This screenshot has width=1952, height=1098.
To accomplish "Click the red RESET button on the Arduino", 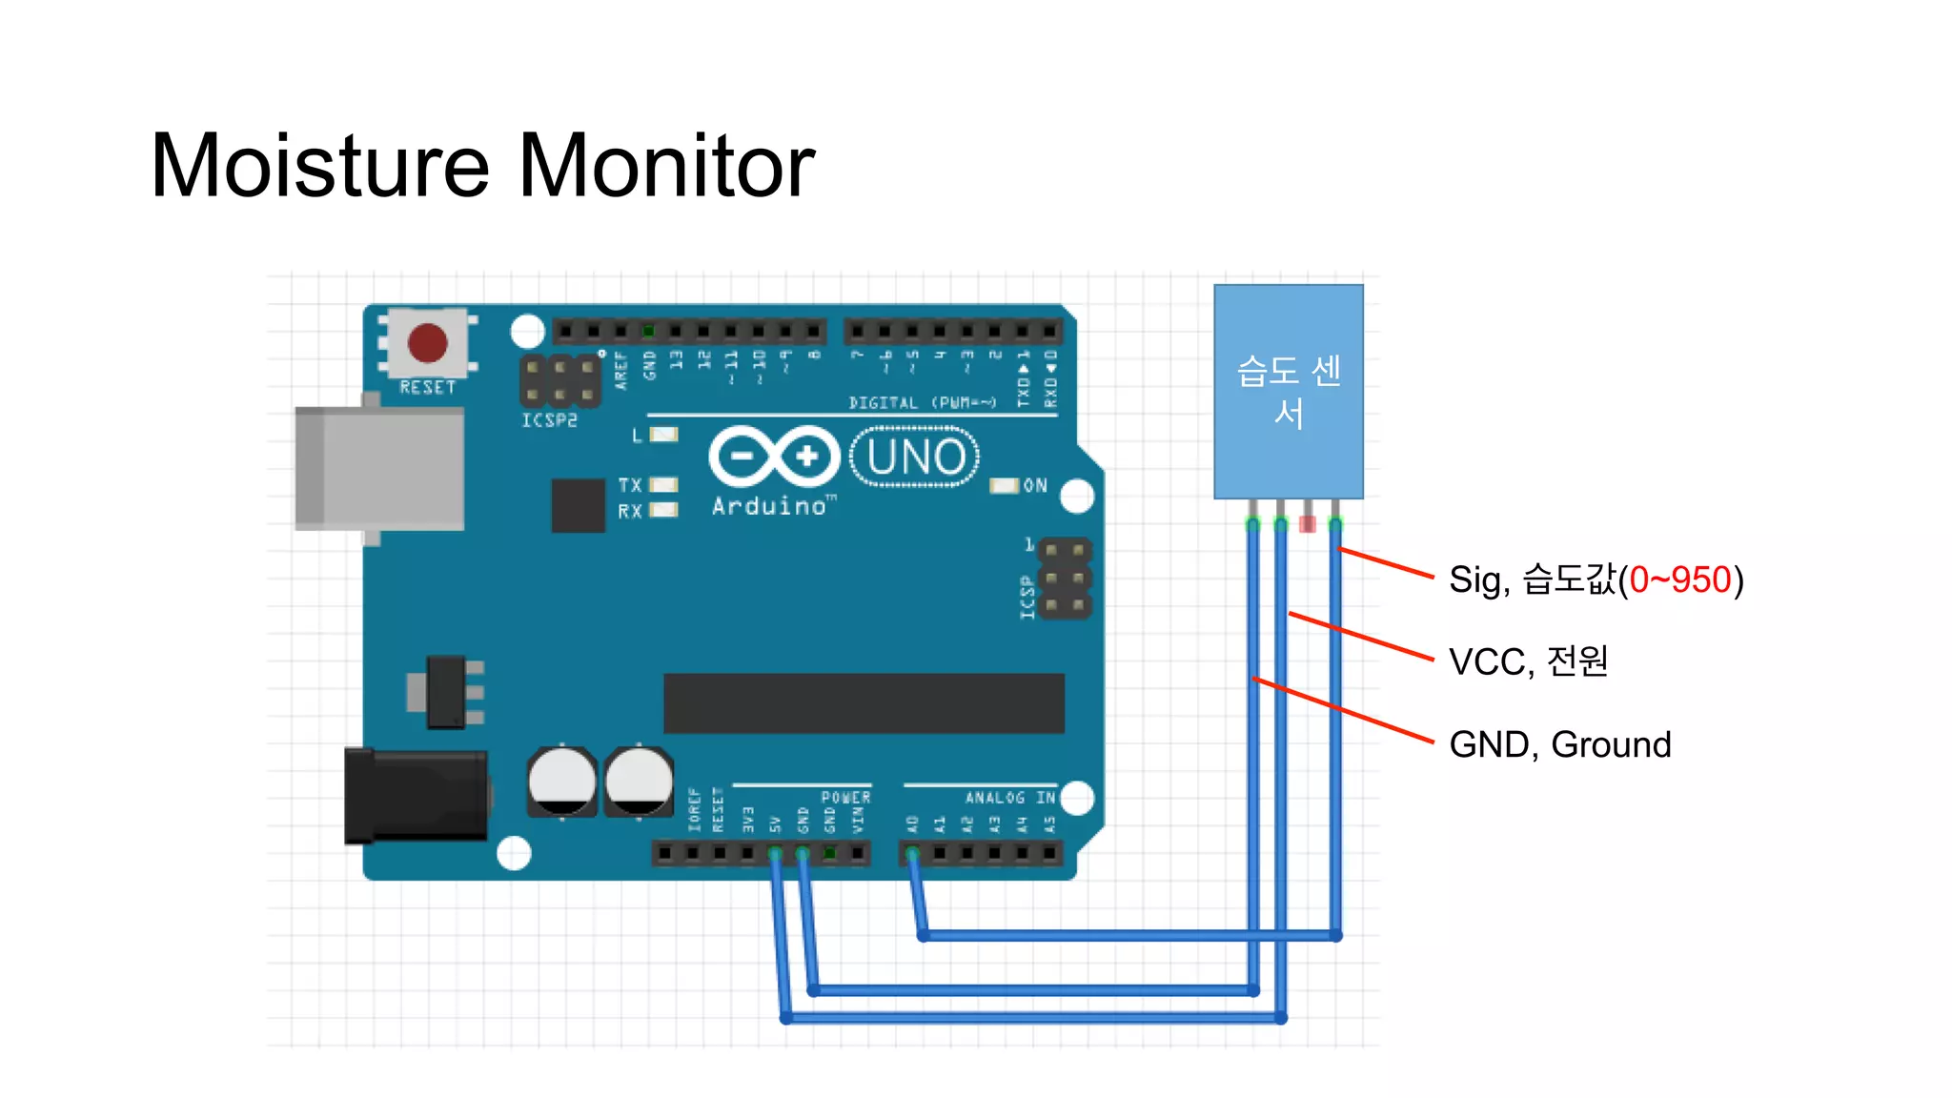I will [x=427, y=343].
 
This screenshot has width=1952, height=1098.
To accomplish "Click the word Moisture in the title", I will [x=320, y=166].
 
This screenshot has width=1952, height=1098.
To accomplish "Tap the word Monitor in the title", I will [x=666, y=166].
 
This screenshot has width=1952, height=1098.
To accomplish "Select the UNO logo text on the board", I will [x=915, y=457].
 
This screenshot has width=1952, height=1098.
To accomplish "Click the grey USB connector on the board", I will [x=379, y=468].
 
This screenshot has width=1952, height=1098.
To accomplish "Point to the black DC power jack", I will [x=417, y=796].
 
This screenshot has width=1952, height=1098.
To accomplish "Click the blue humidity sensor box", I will [x=1288, y=392].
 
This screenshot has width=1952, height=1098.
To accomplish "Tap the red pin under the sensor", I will [x=1308, y=523].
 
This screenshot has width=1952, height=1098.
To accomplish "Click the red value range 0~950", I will [x=1679, y=579].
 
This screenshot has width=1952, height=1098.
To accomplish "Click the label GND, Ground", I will [x=1559, y=744].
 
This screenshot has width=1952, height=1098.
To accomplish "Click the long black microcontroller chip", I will [x=864, y=703].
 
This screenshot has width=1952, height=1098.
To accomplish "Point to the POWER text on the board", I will [x=845, y=798].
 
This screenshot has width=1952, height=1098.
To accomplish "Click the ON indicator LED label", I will [x=1035, y=486].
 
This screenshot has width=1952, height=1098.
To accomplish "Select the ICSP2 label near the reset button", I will [x=549, y=420].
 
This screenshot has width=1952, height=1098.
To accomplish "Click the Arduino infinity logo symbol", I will [x=774, y=457].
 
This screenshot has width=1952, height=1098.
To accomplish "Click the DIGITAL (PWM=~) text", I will [x=922, y=403].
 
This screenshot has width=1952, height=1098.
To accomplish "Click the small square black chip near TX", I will [x=578, y=505].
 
